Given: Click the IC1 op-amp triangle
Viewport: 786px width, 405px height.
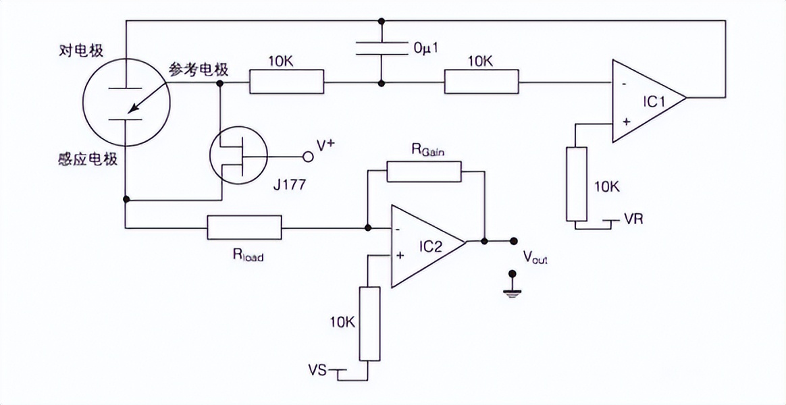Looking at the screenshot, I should tap(645, 101).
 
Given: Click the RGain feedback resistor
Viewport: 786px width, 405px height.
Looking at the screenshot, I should tap(423, 172).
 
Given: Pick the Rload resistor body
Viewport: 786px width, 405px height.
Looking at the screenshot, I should tap(244, 227).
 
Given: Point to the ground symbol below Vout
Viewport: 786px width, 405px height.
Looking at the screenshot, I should tap(513, 288).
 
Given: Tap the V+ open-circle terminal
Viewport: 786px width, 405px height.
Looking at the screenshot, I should tap(308, 157).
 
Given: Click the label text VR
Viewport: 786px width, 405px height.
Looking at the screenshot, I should tap(633, 219).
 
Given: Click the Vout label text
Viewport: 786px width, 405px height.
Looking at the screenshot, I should tap(535, 258).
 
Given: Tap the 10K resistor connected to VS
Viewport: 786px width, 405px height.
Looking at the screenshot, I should tap(369, 323).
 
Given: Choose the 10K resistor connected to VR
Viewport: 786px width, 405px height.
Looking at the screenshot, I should tap(576, 183).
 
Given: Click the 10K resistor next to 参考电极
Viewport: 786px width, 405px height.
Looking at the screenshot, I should tap(287, 82).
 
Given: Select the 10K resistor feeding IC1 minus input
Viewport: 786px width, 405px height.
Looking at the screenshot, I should tap(481, 82).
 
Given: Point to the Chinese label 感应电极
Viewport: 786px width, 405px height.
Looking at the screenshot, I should tap(88, 159).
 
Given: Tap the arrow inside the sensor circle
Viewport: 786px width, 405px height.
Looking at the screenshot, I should tap(145, 98).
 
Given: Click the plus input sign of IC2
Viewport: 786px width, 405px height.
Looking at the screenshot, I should tap(400, 255).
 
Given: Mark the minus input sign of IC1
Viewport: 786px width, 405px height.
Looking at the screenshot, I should tap(623, 85).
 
